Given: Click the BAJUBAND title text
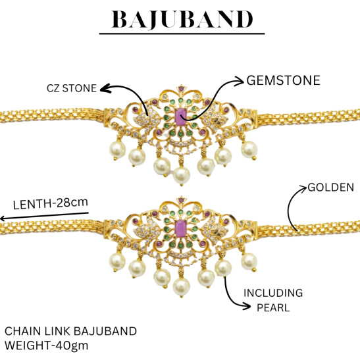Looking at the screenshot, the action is [x=182, y=20].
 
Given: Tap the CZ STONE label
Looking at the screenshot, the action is [x=72, y=88].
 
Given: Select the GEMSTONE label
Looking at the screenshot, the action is [x=283, y=80].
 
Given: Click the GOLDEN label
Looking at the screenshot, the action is [x=331, y=188].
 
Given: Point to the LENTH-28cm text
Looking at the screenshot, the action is [x=51, y=203].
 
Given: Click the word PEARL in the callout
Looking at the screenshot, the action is [x=273, y=307].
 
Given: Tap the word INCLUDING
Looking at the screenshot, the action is [x=273, y=293].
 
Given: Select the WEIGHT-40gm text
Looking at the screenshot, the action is [x=46, y=346].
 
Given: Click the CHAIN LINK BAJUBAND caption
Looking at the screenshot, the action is [x=70, y=331].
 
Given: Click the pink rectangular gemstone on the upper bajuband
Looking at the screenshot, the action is [x=180, y=117].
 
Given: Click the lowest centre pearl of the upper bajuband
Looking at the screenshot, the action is [x=182, y=176].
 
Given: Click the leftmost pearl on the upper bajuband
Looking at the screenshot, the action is [x=117, y=149].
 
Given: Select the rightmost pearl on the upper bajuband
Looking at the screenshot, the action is [x=249, y=149].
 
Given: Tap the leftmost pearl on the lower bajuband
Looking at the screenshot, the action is [x=117, y=261].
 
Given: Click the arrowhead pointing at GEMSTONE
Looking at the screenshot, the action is [x=239, y=81].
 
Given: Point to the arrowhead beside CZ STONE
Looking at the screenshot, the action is [x=105, y=88].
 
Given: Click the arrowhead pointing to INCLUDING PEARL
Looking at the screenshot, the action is [x=245, y=306].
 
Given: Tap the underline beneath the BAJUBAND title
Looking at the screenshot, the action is [x=182, y=34].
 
